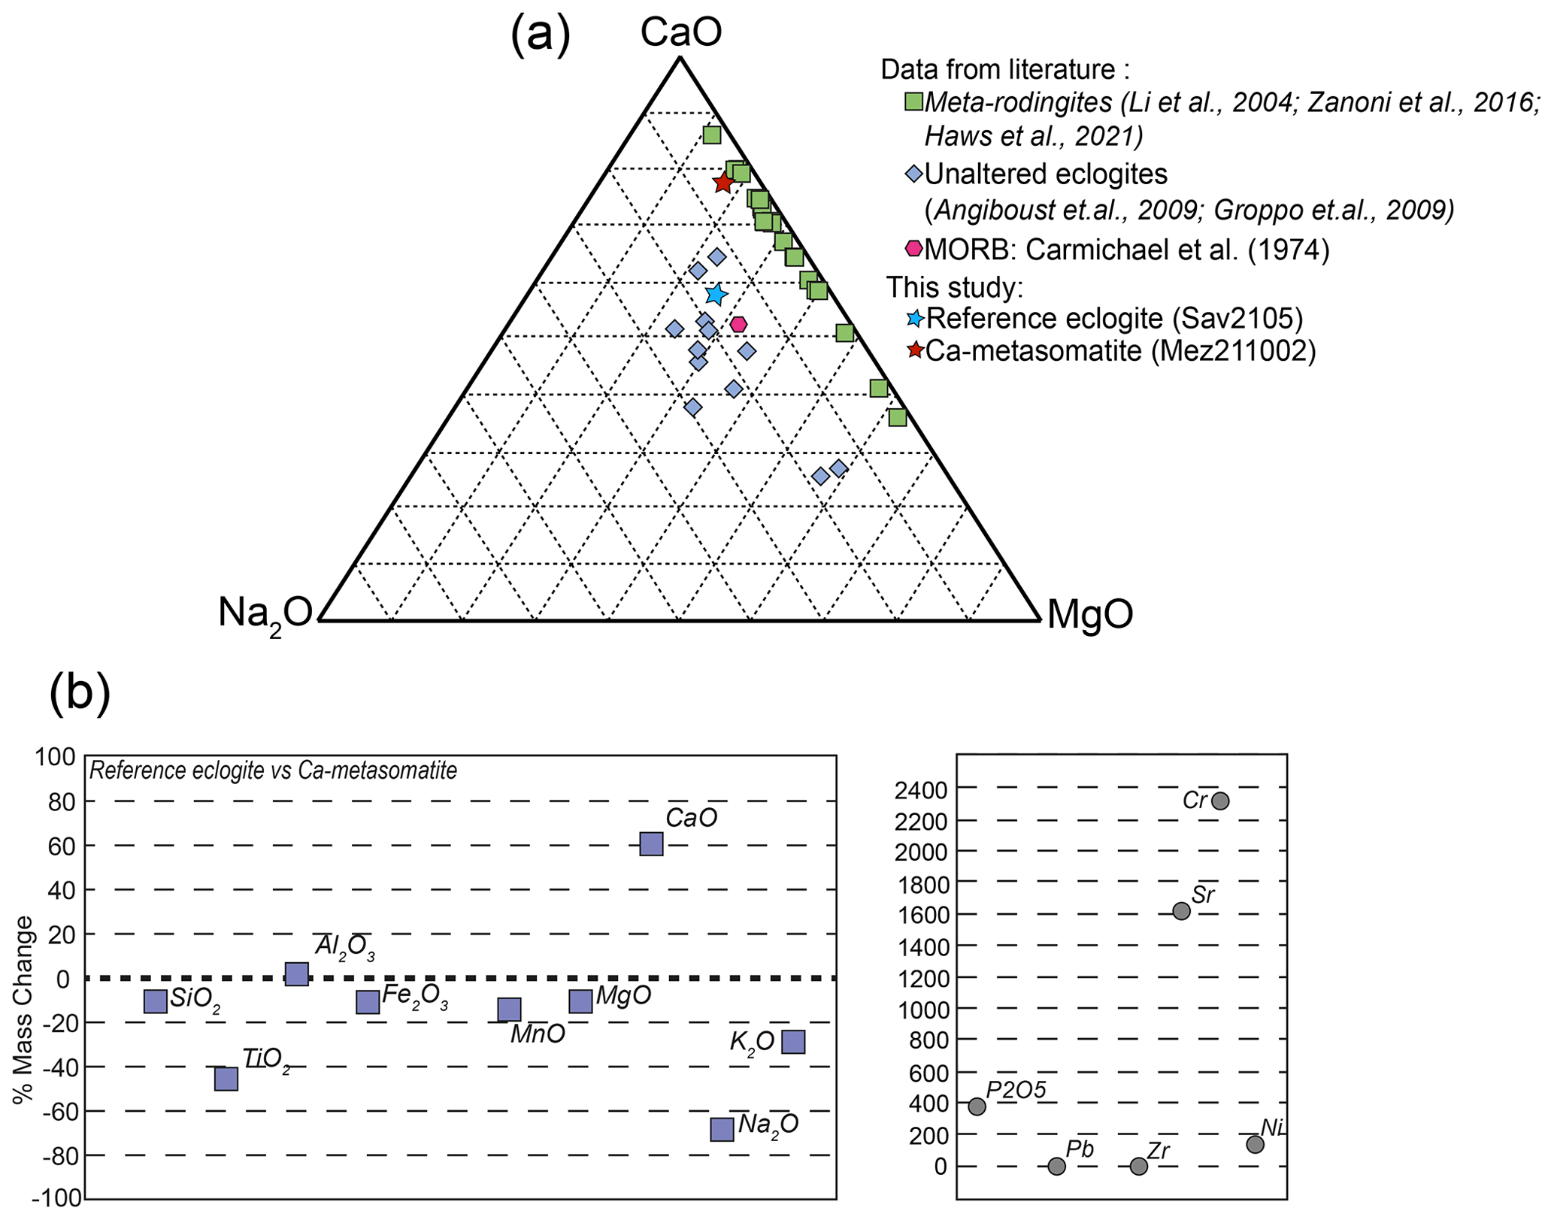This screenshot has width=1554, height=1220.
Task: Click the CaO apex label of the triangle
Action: (x=680, y=33)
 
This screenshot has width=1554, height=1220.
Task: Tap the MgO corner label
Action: (x=1089, y=613)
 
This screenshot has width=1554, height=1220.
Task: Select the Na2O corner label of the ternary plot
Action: (x=265, y=613)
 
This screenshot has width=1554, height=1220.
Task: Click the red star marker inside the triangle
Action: (x=723, y=183)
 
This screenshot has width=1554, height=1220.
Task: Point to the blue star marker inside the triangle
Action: (x=716, y=294)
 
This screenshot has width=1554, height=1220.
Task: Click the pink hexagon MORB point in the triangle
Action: (x=739, y=324)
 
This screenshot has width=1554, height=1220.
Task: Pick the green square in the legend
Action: (x=913, y=101)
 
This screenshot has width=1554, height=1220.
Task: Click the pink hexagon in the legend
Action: (x=913, y=248)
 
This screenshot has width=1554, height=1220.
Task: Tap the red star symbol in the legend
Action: (x=915, y=350)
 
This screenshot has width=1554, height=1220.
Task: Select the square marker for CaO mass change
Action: (x=651, y=844)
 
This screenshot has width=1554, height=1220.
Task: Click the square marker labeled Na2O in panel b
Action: (x=722, y=1129)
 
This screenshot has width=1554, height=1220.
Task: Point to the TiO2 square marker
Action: (x=226, y=1079)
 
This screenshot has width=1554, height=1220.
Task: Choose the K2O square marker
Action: (x=793, y=1042)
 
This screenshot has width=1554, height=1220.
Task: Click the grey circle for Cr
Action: (x=1220, y=801)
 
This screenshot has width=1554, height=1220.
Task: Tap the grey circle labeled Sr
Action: (x=1181, y=911)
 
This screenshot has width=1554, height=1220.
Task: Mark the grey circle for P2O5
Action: (x=977, y=1106)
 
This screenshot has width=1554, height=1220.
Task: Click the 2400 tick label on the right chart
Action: (x=920, y=790)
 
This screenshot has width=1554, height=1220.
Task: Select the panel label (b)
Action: (x=80, y=693)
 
